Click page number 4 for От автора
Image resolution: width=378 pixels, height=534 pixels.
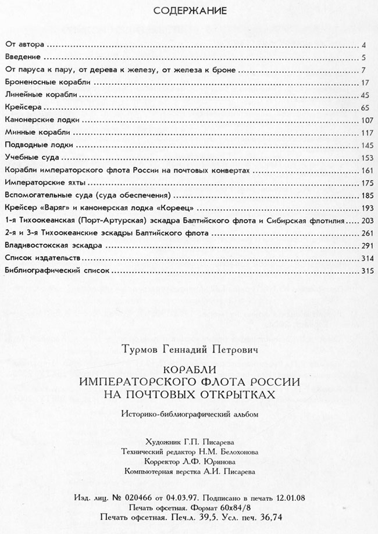pyautogui.click(x=363, y=45)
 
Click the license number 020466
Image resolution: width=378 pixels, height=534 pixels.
pyautogui.click(x=137, y=499)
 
